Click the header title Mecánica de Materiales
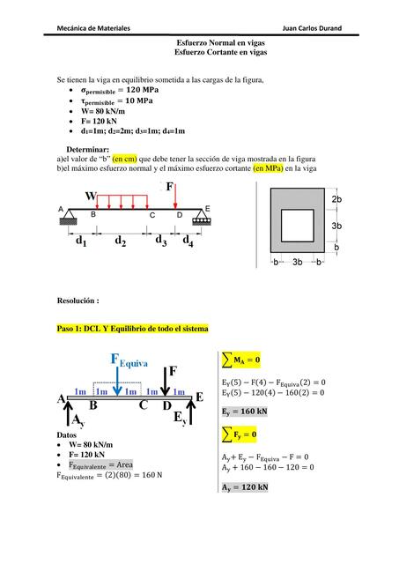(93, 28)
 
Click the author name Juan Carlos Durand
(312, 28)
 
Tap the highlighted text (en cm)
(125, 159)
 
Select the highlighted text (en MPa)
(268, 168)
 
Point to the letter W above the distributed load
(91, 196)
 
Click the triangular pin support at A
(69, 218)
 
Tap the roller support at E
(202, 218)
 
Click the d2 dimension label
(120, 241)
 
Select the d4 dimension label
(188, 241)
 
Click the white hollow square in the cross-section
(298, 226)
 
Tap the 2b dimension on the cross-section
(336, 199)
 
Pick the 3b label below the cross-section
(298, 262)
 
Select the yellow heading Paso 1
(133, 329)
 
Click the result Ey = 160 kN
(245, 412)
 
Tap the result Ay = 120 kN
(245, 487)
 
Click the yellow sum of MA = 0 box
(240, 360)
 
